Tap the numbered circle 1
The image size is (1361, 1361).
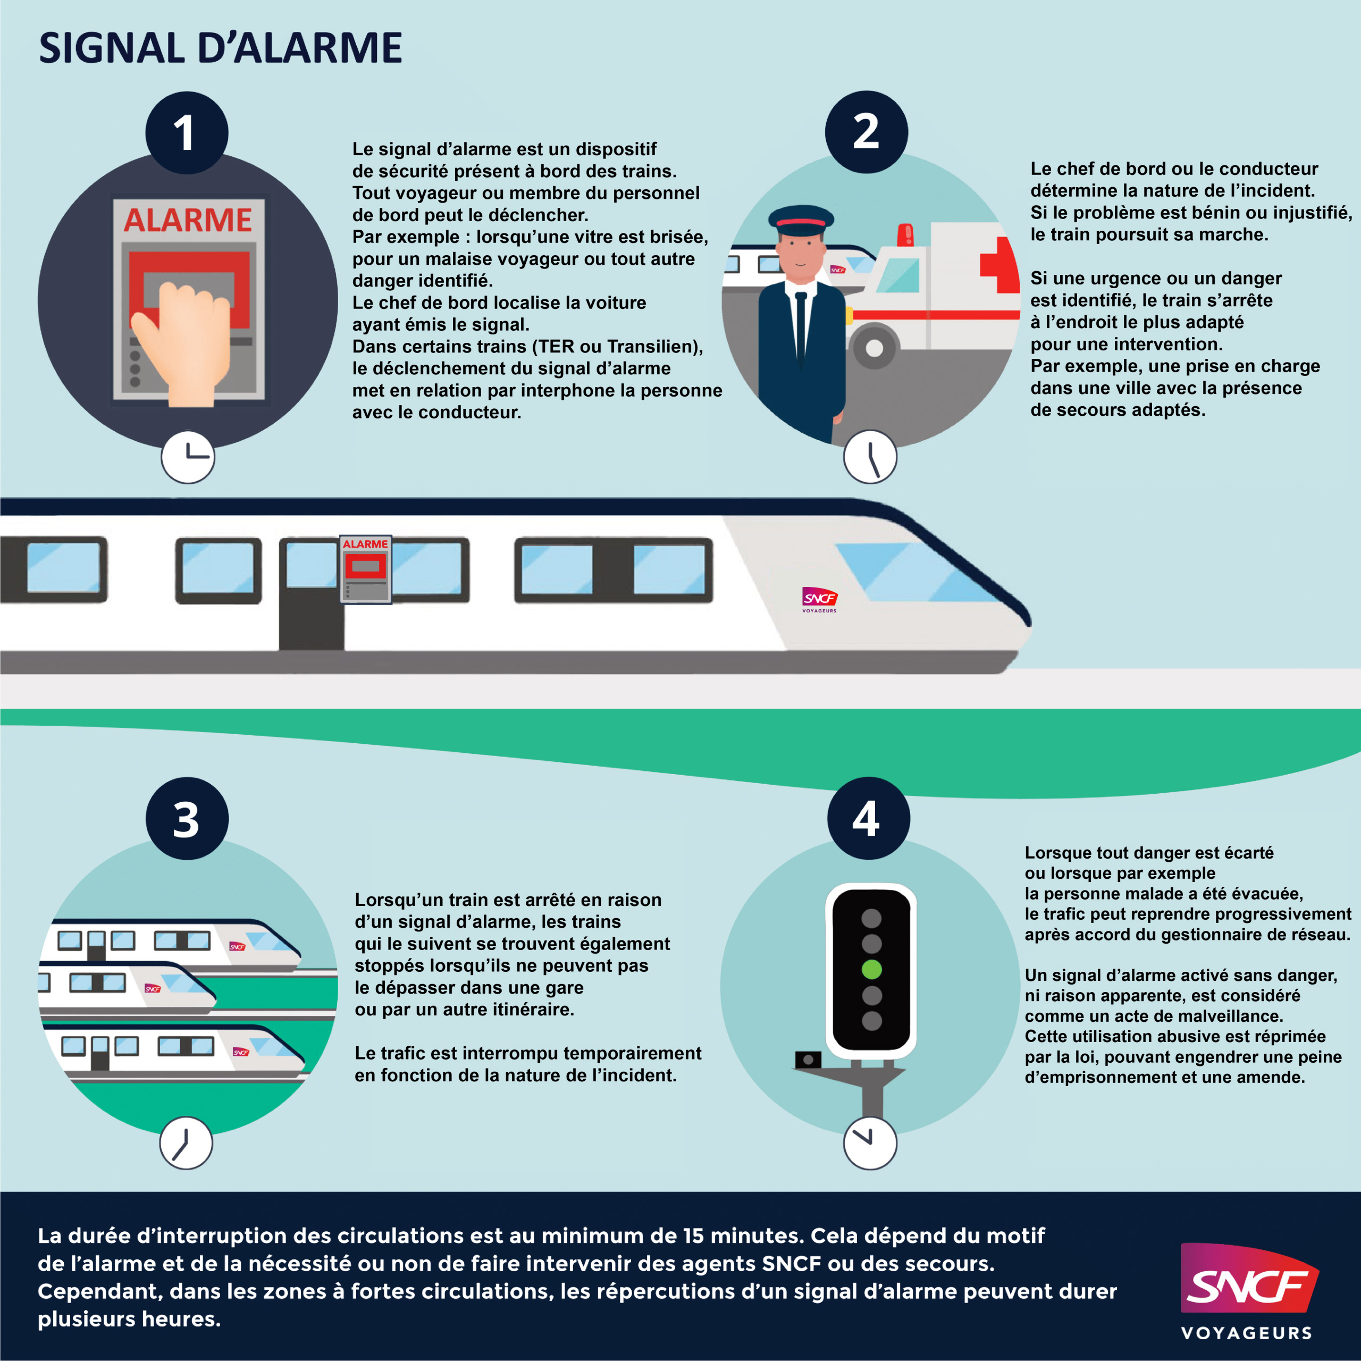[187, 132]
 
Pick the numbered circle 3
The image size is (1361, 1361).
[187, 819]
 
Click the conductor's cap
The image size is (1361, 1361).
[801, 220]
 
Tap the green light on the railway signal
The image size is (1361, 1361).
[871, 969]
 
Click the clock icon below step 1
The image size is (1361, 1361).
[188, 457]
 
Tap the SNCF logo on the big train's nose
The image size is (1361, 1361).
[819, 599]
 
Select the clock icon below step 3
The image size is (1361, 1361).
[186, 1142]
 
